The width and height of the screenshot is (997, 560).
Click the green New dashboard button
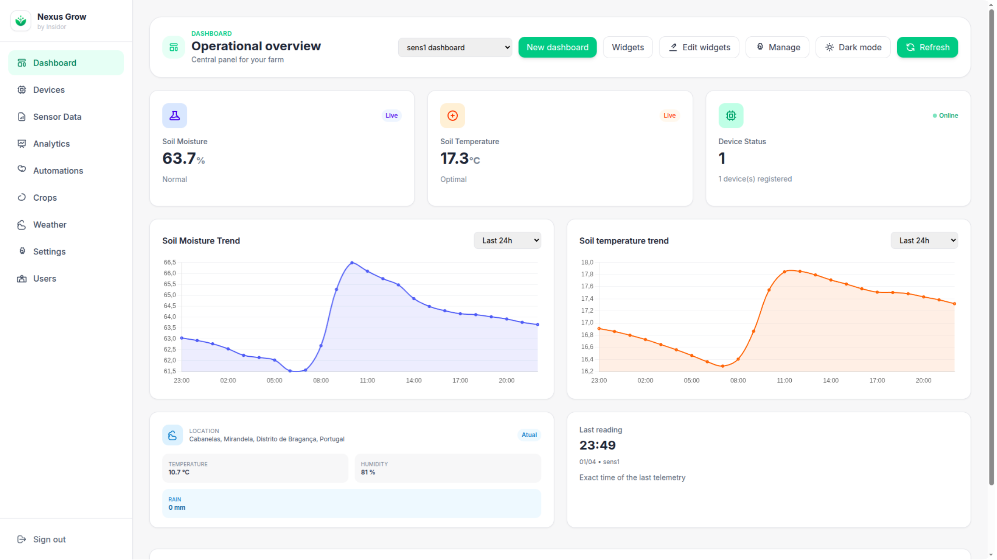557,47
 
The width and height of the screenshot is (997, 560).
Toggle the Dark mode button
853,47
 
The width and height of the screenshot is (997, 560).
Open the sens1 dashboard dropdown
455,47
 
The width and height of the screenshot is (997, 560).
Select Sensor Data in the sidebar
57,117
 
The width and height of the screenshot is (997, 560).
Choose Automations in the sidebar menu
58,170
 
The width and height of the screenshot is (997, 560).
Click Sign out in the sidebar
49,539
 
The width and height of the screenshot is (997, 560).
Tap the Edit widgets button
699,47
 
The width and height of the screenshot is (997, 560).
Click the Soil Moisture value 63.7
179,158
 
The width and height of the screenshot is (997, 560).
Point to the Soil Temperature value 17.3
455,158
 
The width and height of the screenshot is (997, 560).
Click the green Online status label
948,115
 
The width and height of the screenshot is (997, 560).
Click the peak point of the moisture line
352,263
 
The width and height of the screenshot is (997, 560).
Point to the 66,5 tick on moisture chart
170,262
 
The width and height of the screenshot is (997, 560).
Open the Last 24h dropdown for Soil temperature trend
924,240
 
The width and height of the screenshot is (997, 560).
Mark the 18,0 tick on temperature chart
587,262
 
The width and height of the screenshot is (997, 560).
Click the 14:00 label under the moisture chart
414,380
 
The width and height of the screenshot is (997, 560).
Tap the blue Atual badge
529,435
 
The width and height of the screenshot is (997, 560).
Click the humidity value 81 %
368,472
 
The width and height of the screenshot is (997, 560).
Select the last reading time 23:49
597,445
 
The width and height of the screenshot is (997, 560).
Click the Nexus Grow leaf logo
21,21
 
